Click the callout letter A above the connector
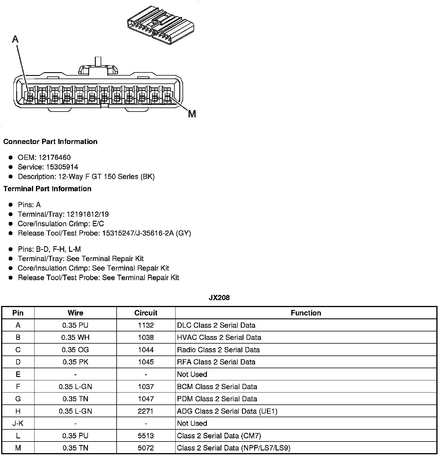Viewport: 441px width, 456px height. (15, 39)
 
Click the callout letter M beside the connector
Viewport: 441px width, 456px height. (192, 114)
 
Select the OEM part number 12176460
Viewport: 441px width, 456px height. (54, 158)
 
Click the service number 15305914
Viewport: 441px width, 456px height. (62, 167)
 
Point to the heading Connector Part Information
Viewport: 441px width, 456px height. (50, 142)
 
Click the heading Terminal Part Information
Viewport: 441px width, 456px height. (47, 189)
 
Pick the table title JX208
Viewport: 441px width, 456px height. (219, 298)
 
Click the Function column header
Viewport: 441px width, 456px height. (306, 313)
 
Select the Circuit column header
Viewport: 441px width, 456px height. (146, 313)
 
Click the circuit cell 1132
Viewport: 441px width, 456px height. (146, 325)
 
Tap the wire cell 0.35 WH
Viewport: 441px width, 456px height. (75, 338)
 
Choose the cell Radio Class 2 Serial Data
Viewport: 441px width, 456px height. (218, 350)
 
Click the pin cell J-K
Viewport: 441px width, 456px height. (18, 424)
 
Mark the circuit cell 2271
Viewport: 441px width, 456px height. (146, 411)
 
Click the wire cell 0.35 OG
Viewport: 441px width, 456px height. (75, 350)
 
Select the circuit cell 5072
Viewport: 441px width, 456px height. (146, 448)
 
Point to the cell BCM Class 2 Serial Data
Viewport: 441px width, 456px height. (217, 387)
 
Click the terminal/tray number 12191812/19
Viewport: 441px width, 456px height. (88, 214)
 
